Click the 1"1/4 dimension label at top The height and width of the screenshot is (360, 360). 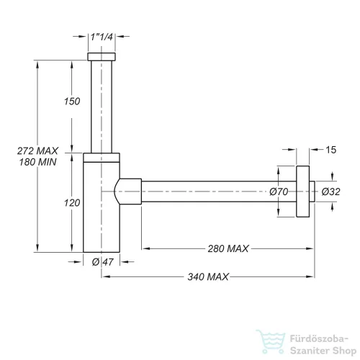coord(102,37)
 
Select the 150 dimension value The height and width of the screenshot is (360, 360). coord(72,102)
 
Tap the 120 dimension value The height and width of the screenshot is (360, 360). coord(72,203)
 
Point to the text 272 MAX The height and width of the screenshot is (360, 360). coord(37,151)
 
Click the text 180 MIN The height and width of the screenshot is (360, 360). coord(38,162)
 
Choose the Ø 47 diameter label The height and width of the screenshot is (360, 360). coord(102,262)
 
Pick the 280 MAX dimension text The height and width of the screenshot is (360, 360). coord(228,248)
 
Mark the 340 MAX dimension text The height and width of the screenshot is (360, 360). coord(208,276)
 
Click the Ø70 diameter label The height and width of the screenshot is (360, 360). coord(279,192)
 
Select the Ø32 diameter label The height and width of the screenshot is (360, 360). coord(330,192)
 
